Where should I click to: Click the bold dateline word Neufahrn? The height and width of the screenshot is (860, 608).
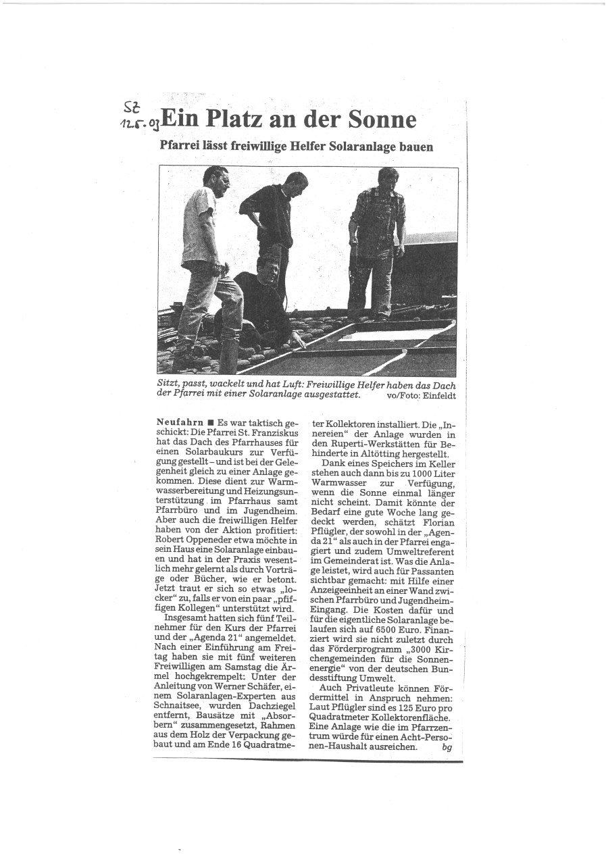pos(180,422)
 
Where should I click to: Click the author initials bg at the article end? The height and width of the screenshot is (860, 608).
pos(447,747)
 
